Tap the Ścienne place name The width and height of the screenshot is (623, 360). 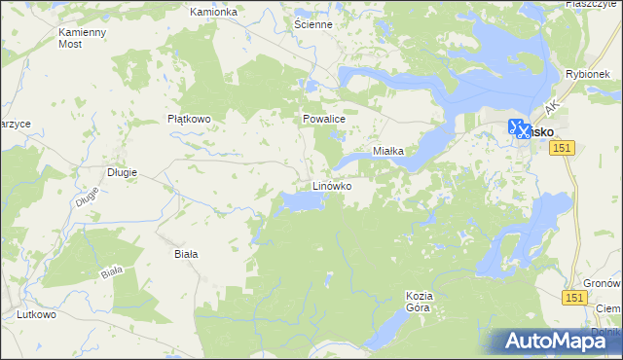click(313, 23)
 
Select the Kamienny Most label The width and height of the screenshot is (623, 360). click(83, 38)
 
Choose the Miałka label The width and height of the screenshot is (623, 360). click(395, 152)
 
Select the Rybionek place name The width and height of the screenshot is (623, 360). click(587, 74)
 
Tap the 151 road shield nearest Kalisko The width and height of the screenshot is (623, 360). click(563, 147)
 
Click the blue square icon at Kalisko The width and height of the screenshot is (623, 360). click(518, 128)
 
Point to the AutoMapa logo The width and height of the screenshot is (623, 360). click(557, 342)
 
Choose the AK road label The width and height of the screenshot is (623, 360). click(553, 105)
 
